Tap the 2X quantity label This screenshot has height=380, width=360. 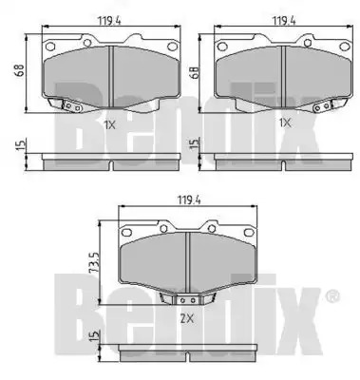pyautogui.click(x=187, y=318)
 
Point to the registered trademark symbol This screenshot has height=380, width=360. pyautogui.click(x=332, y=296)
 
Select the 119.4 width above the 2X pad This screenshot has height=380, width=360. pyautogui.click(x=188, y=199)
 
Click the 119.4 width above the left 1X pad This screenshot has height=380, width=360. pyautogui.click(x=109, y=21)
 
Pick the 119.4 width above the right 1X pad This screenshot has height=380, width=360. pyautogui.click(x=284, y=21)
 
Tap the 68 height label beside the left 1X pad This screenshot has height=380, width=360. pyautogui.click(x=20, y=70)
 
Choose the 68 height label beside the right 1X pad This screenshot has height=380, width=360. pyautogui.click(x=194, y=72)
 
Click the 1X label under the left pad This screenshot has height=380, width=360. pyautogui.click(x=109, y=125)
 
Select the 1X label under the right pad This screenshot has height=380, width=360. pyautogui.click(x=284, y=123)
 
